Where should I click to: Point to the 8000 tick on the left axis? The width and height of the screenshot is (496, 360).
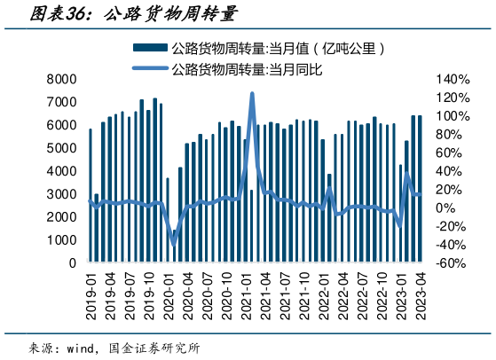click(x=61, y=79)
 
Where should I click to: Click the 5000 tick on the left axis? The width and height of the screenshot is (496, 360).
click(x=61, y=148)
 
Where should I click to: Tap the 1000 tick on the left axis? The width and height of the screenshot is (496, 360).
click(x=61, y=240)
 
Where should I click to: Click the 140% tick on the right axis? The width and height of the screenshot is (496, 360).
click(x=452, y=79)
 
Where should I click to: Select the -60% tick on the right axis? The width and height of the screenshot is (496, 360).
click(x=452, y=263)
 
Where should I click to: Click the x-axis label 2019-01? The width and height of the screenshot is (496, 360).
click(x=91, y=293)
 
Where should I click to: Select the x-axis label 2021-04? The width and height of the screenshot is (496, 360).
click(x=264, y=293)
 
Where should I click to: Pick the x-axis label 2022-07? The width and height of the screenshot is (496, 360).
click(x=361, y=293)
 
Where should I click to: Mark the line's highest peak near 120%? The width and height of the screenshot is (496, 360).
click(x=252, y=93)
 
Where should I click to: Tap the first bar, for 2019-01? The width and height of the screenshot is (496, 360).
click(x=91, y=195)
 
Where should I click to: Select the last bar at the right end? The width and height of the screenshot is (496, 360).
click(x=419, y=189)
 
